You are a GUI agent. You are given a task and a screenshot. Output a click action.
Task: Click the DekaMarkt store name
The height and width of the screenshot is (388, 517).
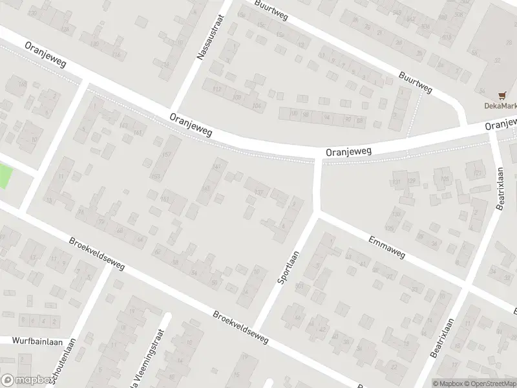click(x=501, y=106)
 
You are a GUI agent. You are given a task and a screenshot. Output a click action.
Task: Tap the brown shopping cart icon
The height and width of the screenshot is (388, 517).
click(x=501, y=94)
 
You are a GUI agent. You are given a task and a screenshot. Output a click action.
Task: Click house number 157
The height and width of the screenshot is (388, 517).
click(x=167, y=154)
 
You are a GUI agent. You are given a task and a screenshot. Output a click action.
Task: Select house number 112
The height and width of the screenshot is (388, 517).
click(x=217, y=89)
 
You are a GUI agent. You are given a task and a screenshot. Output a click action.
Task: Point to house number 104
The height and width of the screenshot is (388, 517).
click(x=257, y=105)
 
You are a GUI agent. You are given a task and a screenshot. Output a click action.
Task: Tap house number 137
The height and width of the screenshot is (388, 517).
click(x=259, y=192)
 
